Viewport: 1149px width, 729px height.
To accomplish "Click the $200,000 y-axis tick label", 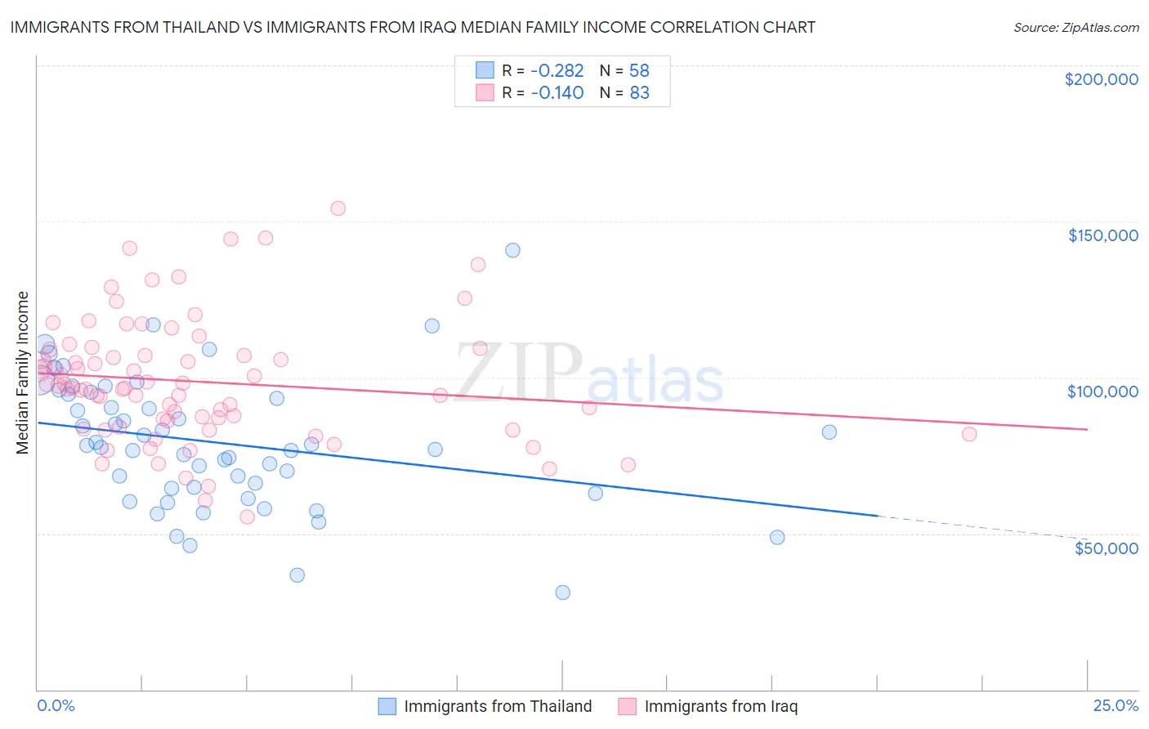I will coord(1101,79).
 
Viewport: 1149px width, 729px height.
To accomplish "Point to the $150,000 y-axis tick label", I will coord(1102,235).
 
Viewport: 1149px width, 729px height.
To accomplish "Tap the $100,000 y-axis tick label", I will coord(1102,391).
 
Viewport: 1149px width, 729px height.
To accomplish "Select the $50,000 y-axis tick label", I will coord(1106,548).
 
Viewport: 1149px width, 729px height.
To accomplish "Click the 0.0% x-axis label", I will coord(56,705).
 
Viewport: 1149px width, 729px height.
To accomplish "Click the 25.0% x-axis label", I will coord(1115,705).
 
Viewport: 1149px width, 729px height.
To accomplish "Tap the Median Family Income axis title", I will coord(23,373).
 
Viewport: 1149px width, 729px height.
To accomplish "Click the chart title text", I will coord(413,27).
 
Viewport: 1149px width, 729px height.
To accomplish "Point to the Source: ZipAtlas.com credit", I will coord(1075,28).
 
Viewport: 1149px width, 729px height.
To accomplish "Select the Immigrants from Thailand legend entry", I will coord(485,706).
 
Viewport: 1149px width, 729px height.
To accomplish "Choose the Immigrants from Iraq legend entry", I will coord(708,706).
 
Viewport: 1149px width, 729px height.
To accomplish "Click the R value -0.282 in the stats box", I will coord(557,70).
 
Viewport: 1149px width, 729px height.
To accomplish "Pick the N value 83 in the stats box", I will coord(639,93).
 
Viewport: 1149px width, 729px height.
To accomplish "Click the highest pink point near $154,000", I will coord(338,208).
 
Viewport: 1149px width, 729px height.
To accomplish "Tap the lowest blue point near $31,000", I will coord(562,593).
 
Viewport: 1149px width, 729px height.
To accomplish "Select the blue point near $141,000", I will coord(512,250).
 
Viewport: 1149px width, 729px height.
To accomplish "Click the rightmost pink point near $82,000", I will coord(969,434).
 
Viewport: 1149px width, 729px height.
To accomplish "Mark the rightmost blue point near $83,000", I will coord(829,432).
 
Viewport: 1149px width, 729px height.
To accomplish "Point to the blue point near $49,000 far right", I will coord(777,537).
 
